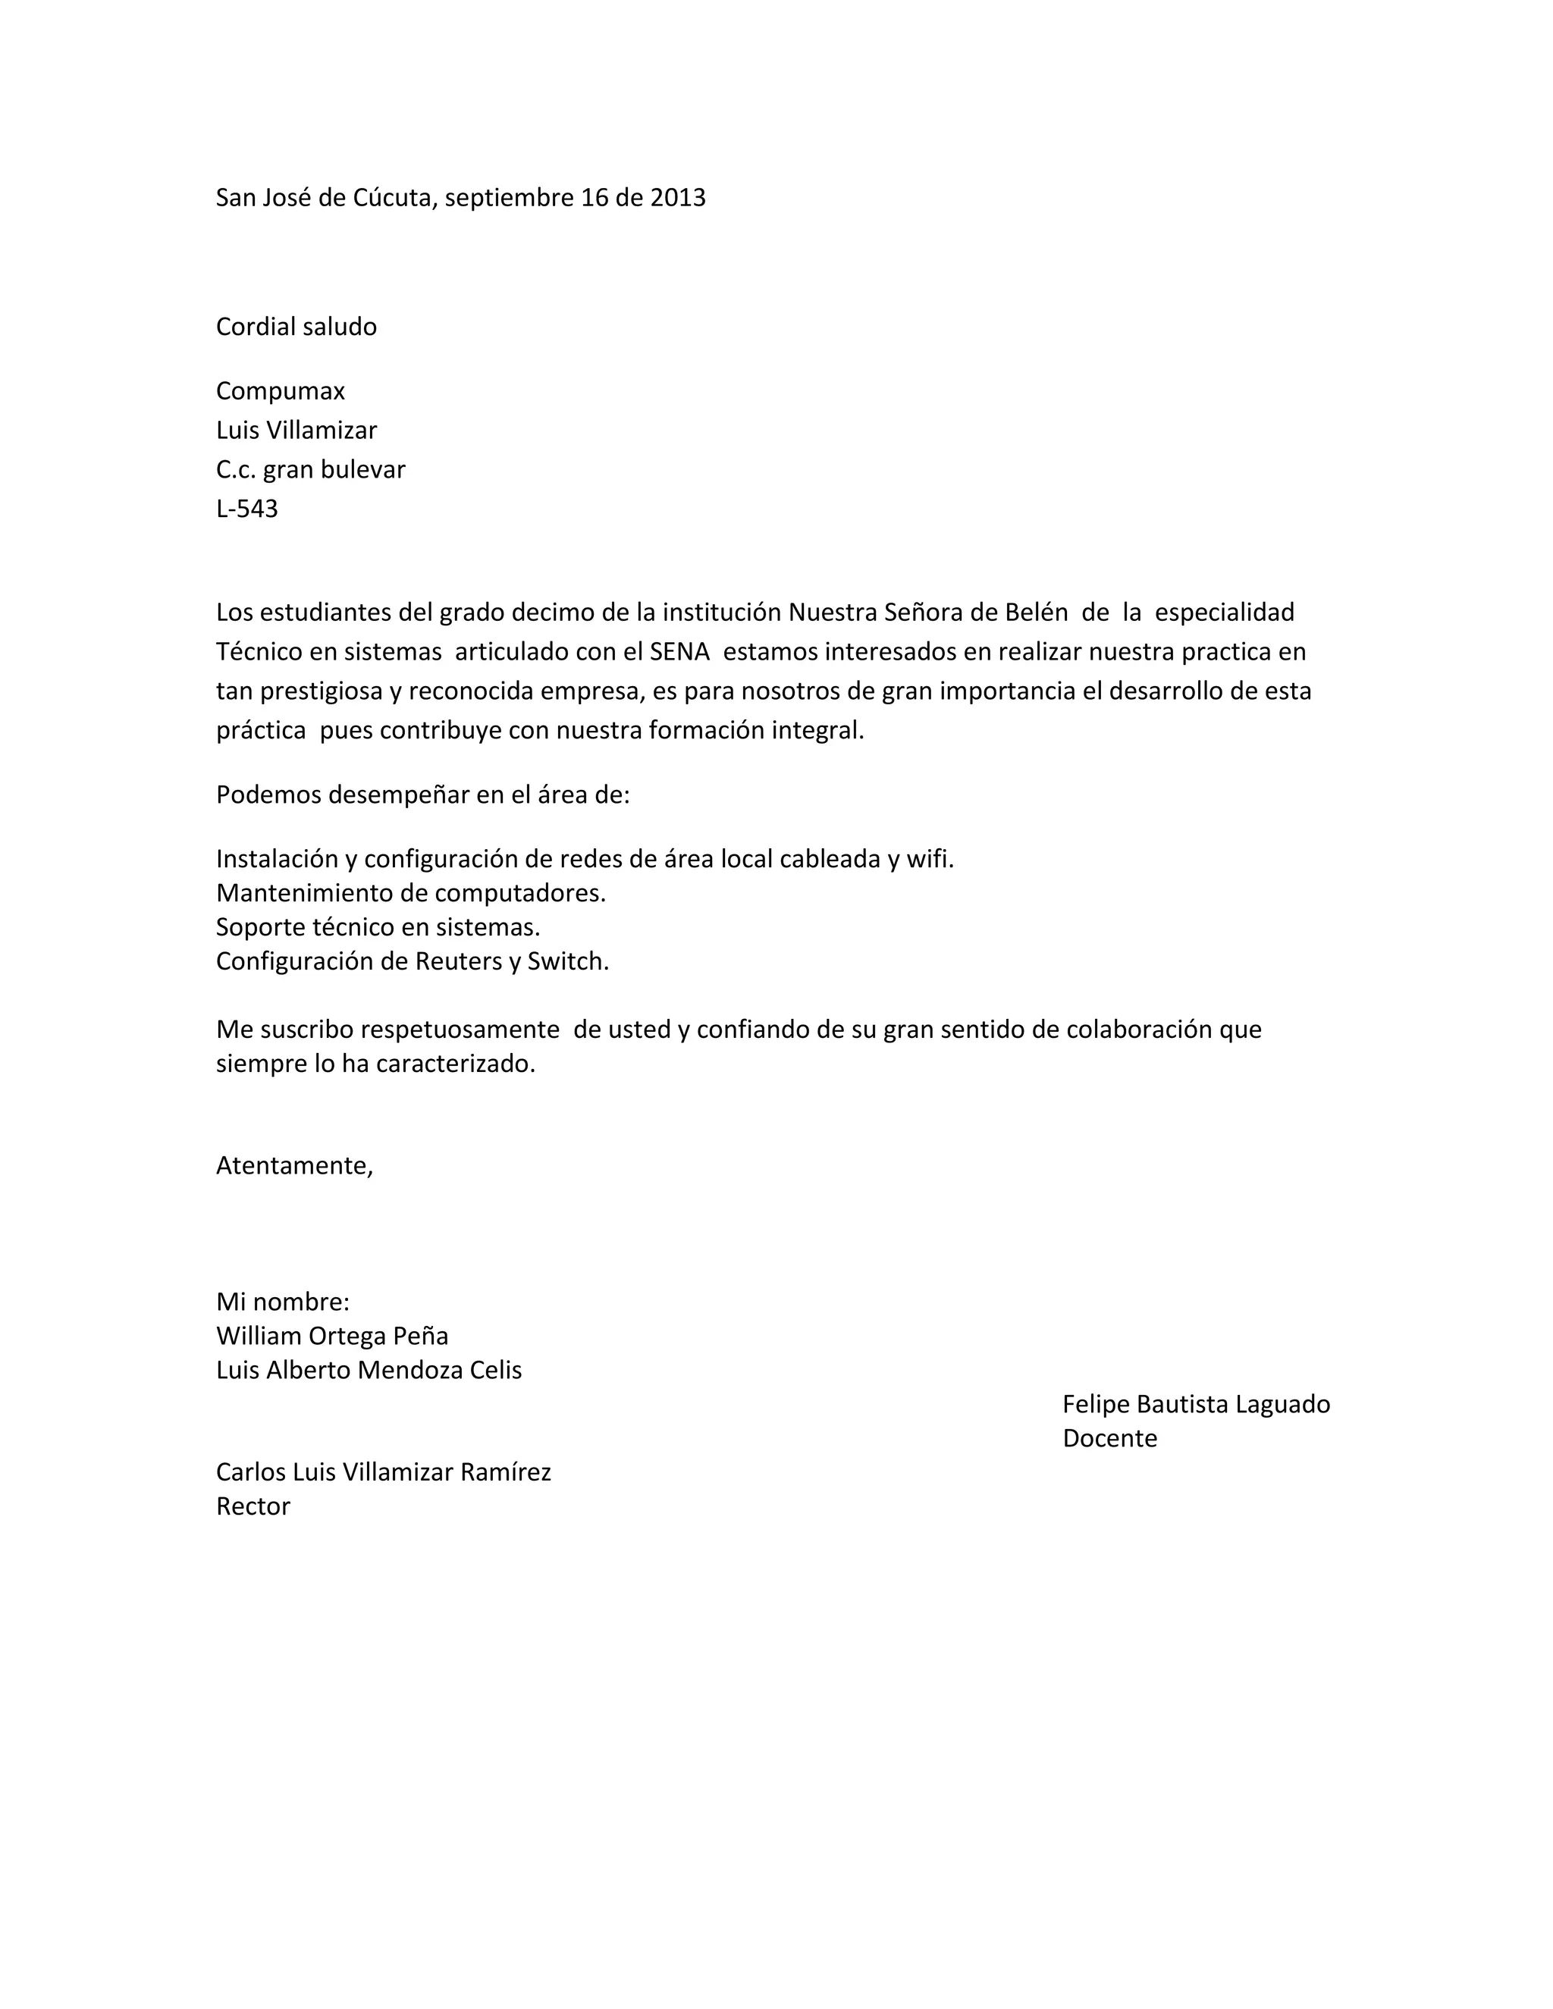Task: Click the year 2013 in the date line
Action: [678, 198]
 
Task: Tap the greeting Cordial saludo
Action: [296, 327]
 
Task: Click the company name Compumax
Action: [281, 391]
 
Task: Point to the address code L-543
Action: [246, 509]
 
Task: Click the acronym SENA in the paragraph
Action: [680, 651]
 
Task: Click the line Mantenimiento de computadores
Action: [410, 892]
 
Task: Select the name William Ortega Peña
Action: [332, 1336]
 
